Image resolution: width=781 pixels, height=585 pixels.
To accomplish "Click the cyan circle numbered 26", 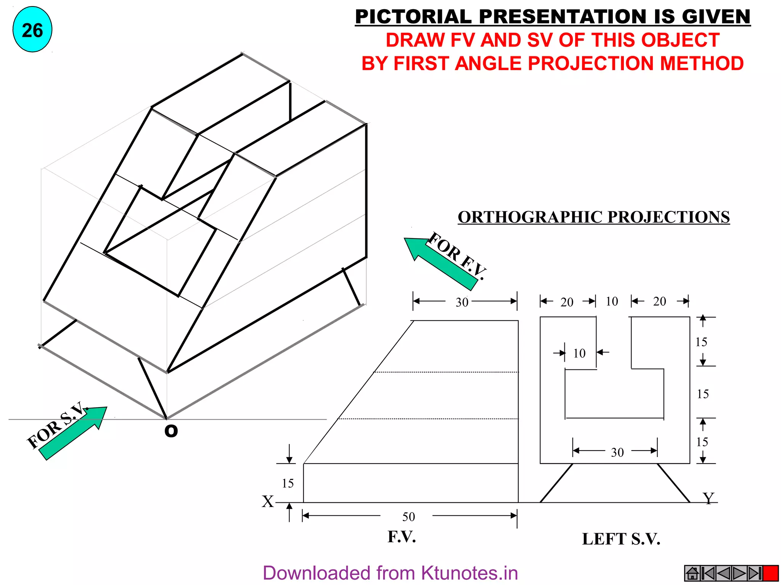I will [32, 30].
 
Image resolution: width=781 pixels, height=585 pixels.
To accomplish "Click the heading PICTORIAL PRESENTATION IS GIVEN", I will [553, 17].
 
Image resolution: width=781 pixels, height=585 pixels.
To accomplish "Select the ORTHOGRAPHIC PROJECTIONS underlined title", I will [594, 217].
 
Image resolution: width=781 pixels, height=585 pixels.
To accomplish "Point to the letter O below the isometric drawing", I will [171, 431].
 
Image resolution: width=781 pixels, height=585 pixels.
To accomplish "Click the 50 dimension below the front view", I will [408, 517].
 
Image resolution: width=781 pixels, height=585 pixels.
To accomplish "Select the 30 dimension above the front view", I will [462, 302].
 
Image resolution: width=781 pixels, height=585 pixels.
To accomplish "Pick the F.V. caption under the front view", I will [402, 537].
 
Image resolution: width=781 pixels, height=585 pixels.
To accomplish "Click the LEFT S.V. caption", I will [621, 539].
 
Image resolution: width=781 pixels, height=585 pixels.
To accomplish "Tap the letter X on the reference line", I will [268, 502].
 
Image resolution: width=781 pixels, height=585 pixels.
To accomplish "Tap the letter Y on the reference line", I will [708, 498].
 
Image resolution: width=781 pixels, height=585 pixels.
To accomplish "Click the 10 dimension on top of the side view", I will [612, 302].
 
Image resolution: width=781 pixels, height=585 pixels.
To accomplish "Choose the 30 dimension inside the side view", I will [617, 452].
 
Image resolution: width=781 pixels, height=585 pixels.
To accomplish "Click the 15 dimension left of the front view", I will [288, 483].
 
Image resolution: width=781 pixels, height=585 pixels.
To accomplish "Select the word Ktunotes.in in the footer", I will [469, 573].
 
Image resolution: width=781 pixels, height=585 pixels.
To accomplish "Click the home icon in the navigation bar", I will [692, 573].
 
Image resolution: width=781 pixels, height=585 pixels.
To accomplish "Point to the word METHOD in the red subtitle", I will [702, 63].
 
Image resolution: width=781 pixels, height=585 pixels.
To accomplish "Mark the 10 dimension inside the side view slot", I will [579, 353].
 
